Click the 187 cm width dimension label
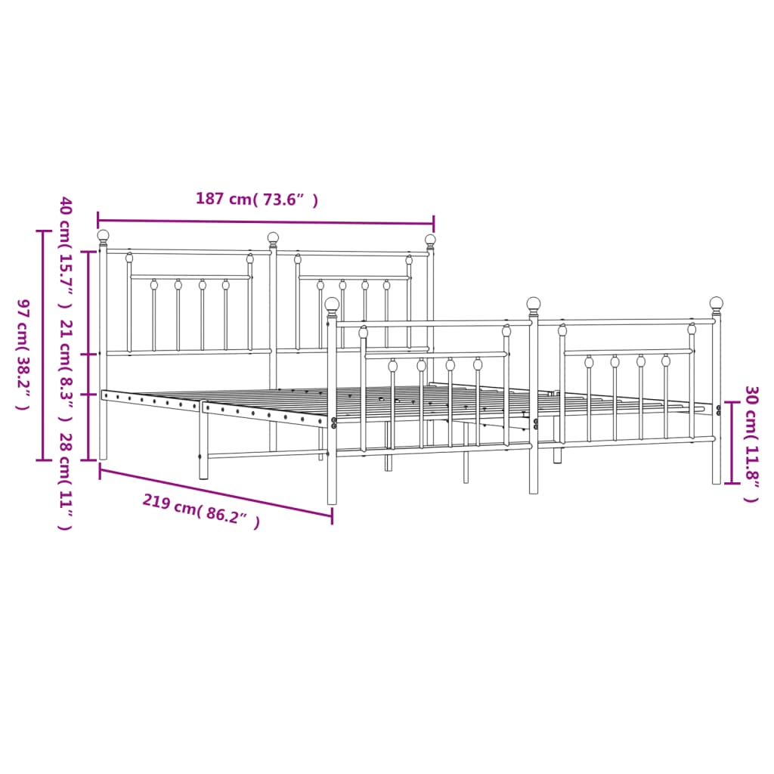pos(256,200)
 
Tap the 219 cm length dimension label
pos(201,512)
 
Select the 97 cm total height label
pos(22,354)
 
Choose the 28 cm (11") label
pos(66,481)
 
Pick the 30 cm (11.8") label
pos(751,444)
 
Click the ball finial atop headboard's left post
pos(103,236)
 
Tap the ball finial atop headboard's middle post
pos(273,238)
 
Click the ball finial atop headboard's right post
pos(430,240)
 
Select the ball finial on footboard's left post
pos(332,304)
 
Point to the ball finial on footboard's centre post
pos(534,304)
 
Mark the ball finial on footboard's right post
pos(716,303)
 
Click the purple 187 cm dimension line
pos(265,222)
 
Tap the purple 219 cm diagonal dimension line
pos(215,493)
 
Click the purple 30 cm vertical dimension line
pos(731,443)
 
